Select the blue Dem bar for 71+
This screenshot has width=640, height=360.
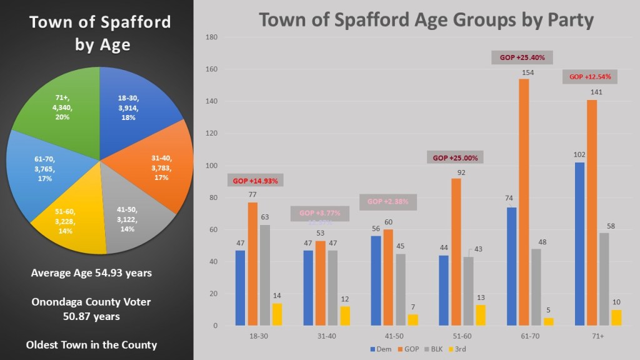(580, 244)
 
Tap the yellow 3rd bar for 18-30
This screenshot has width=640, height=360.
(277, 314)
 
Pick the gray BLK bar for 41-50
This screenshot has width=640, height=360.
(401, 289)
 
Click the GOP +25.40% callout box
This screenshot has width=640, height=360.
(522, 57)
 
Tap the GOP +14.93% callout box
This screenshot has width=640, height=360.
(254, 181)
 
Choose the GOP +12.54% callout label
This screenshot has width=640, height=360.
(591, 77)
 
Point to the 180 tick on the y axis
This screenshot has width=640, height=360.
(211, 37)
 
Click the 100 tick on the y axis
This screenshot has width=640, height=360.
(211, 166)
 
